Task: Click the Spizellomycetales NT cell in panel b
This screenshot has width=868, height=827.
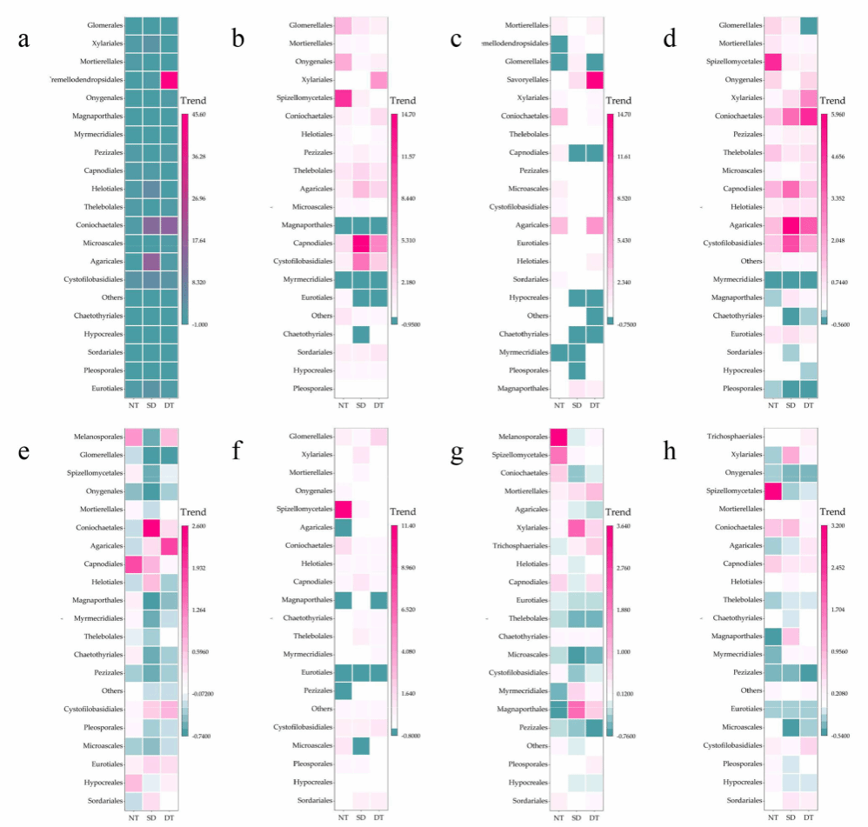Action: (x=343, y=98)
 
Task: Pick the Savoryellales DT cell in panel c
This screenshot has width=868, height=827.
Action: (x=596, y=80)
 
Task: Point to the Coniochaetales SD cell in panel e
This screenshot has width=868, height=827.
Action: (x=151, y=528)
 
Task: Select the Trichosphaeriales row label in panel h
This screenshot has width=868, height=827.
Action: (x=728, y=437)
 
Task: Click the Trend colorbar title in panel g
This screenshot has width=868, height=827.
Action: (x=620, y=511)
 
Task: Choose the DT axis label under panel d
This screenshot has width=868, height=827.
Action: (x=809, y=404)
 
